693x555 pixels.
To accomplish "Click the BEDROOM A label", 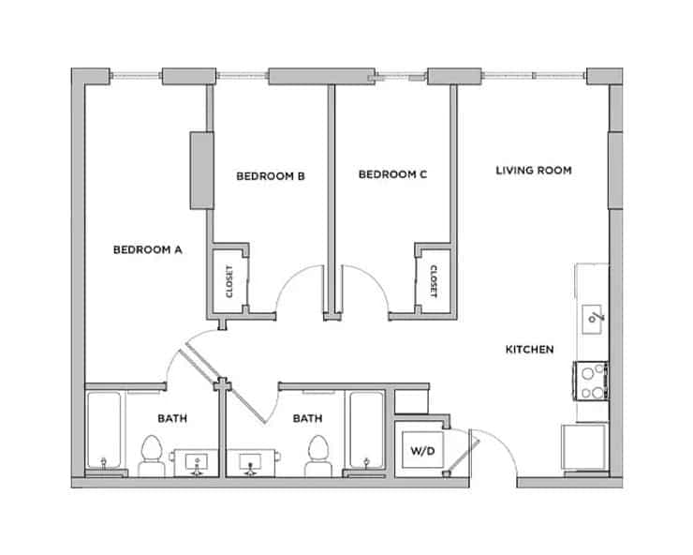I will (147, 249).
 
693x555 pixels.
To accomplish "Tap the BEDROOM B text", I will (270, 175).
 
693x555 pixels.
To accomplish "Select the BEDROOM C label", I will (393, 174).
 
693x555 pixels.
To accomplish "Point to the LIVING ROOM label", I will (533, 171).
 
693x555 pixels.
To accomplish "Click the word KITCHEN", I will (529, 350).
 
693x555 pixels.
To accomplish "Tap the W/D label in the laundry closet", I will (417, 451).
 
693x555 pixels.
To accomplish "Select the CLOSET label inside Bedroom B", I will (229, 281).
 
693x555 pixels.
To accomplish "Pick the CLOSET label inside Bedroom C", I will (434, 280).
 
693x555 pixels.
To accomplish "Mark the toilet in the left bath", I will (150, 455).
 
